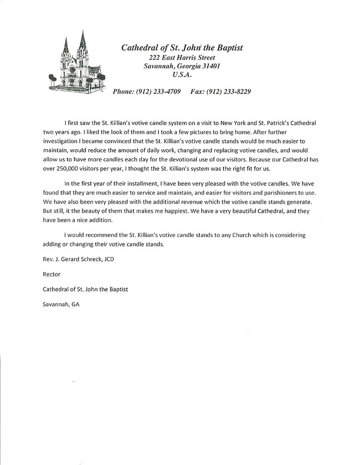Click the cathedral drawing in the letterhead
(x=77, y=63)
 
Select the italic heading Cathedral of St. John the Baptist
(x=182, y=47)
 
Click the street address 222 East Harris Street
(x=182, y=57)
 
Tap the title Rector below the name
(x=52, y=274)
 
